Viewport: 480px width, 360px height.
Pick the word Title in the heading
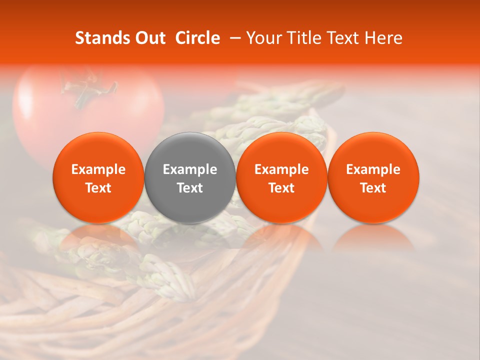click(x=305, y=38)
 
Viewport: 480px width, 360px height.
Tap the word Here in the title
click(x=383, y=38)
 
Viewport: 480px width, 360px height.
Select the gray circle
click(x=190, y=177)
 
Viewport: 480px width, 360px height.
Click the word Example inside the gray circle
click(x=190, y=169)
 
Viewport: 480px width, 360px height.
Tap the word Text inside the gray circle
click(x=190, y=188)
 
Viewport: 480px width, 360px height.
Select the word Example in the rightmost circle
click(x=373, y=169)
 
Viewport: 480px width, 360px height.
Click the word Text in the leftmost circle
click(x=98, y=188)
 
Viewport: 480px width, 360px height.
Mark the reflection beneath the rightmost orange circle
click(x=373, y=237)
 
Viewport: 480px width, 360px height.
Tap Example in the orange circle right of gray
click(x=281, y=169)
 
